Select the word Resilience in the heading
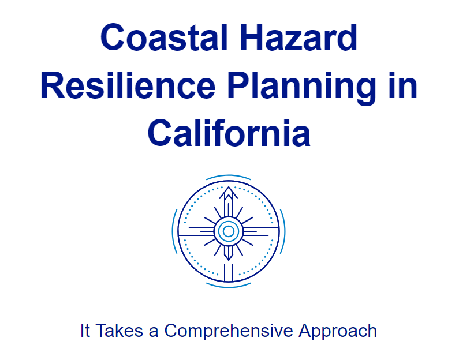point(128,86)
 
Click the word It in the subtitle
point(85,331)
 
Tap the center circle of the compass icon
point(229,231)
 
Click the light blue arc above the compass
point(229,175)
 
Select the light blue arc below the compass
point(229,287)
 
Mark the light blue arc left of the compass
point(173,231)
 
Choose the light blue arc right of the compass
point(283,231)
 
